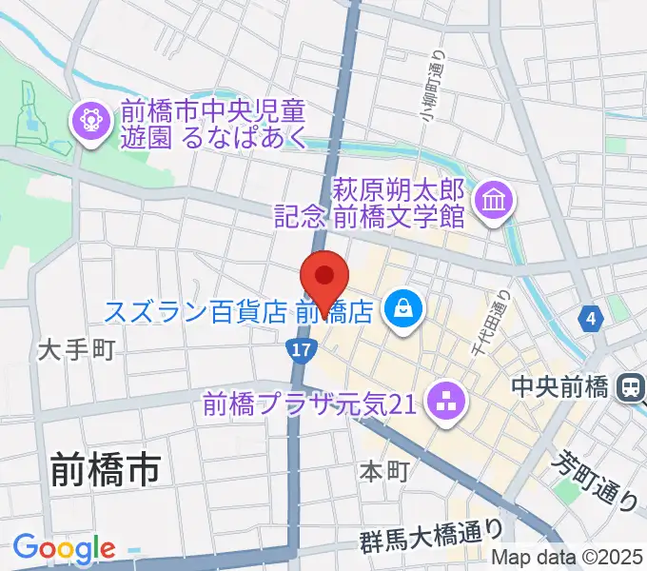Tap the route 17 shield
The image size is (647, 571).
click(301, 350)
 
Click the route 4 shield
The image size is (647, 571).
click(594, 319)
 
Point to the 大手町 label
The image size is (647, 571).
click(76, 350)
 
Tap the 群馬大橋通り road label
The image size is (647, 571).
click(430, 539)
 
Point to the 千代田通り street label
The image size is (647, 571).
click(488, 325)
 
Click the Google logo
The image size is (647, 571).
click(64, 549)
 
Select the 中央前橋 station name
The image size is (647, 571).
click(559, 387)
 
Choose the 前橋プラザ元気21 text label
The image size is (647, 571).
click(309, 404)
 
